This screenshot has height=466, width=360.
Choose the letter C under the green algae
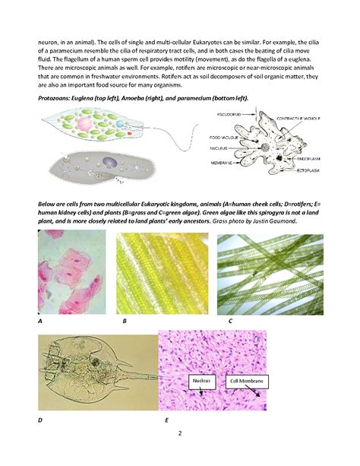coord(229,322)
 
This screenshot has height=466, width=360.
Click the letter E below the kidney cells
coord(166,420)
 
